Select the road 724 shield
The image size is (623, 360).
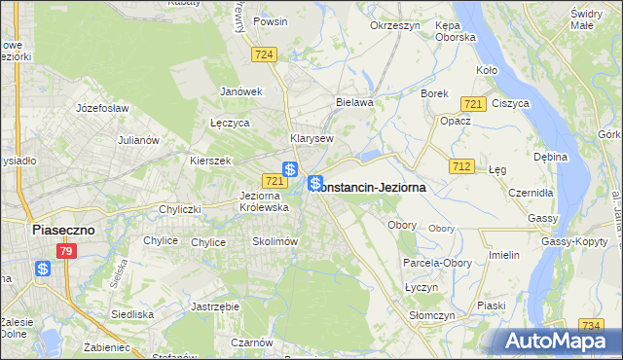[263, 54]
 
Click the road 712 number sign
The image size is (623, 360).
[461, 166]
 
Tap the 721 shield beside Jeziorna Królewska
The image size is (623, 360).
[274, 181]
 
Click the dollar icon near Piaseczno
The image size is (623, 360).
[43, 269]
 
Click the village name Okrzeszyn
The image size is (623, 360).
[394, 24]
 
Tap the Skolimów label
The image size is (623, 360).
[274, 241]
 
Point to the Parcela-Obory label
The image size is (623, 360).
[436, 263]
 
